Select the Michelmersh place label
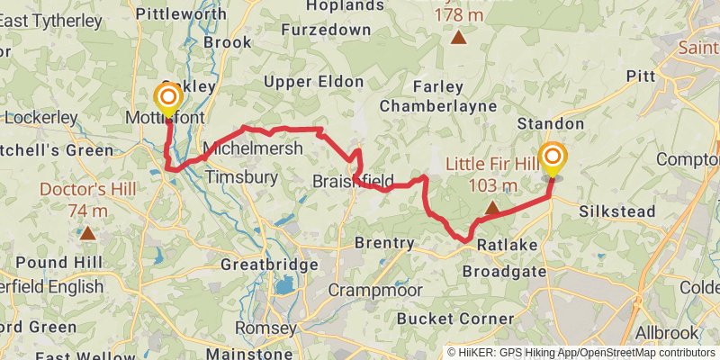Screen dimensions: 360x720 coord(253,148)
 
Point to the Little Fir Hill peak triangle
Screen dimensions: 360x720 coord(492,209)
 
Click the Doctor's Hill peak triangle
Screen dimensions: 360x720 coord(87,232)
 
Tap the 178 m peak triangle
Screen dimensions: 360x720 coord(459,37)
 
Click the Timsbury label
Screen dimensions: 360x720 coord(242,177)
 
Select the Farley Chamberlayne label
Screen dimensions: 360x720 coord(438,96)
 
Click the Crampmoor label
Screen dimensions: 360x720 coord(370,290)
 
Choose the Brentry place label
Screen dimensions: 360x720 coord(384,243)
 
